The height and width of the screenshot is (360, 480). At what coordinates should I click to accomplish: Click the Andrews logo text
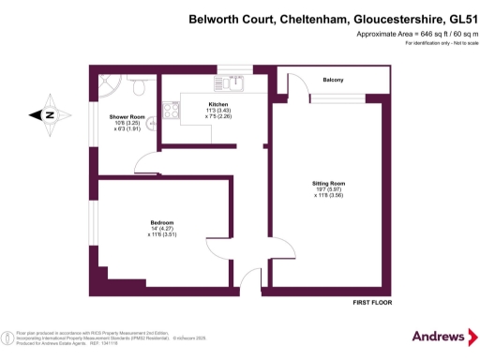click(439, 336)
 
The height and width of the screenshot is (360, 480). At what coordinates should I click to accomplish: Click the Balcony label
click(333, 80)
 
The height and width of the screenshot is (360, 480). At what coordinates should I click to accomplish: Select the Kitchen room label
click(217, 105)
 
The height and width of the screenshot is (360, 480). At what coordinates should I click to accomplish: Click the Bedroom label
click(149, 220)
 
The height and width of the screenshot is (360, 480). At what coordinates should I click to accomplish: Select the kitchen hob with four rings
click(172, 112)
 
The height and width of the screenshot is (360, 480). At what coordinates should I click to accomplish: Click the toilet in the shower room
click(138, 86)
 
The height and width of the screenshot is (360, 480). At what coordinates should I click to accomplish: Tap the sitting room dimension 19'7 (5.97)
click(329, 189)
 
